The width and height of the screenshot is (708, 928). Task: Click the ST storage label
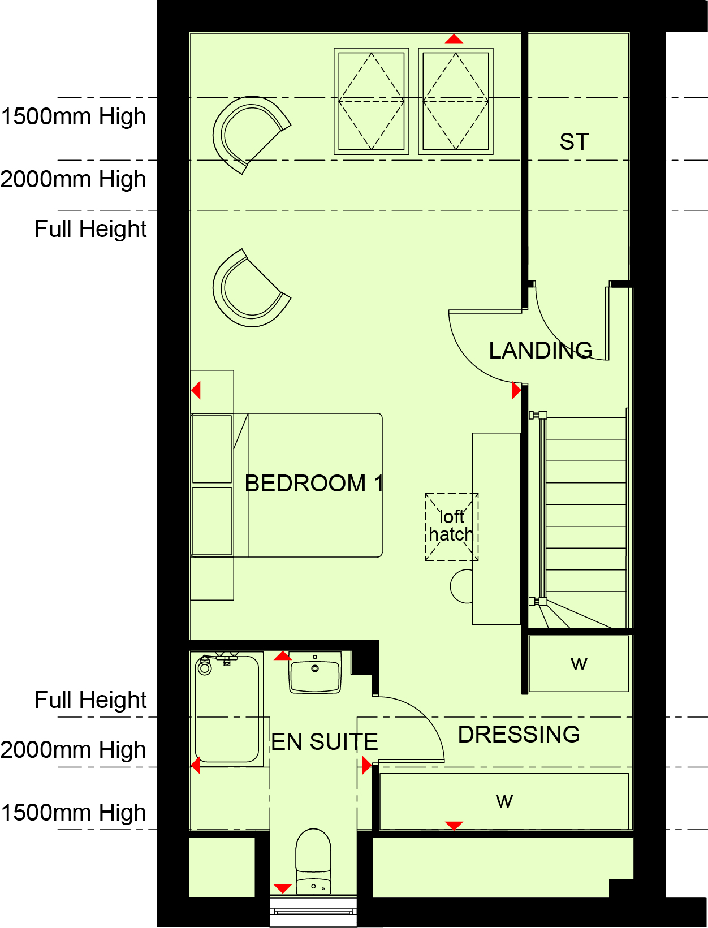coord(574,141)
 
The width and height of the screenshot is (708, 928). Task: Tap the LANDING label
coord(540,351)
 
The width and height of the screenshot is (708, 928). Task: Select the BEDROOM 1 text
coord(314,484)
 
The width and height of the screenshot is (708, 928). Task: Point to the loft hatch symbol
coord(451,527)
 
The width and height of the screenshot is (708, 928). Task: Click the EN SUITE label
coord(324,742)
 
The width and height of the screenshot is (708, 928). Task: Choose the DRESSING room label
coord(519,735)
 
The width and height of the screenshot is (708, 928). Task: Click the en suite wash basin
coord(315,673)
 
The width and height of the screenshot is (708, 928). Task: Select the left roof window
coord(371,101)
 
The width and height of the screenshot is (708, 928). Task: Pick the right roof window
coord(456,101)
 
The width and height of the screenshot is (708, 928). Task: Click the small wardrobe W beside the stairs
coord(579,664)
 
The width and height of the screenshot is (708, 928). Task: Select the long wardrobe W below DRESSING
coord(504,801)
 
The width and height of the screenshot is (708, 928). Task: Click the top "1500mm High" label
coord(74,116)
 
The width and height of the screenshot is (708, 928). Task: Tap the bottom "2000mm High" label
coord(73,751)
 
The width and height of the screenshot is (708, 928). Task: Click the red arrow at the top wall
coord(454,39)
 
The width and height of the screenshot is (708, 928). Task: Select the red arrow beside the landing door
coord(516,390)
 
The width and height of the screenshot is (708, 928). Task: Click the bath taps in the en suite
coord(227,658)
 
